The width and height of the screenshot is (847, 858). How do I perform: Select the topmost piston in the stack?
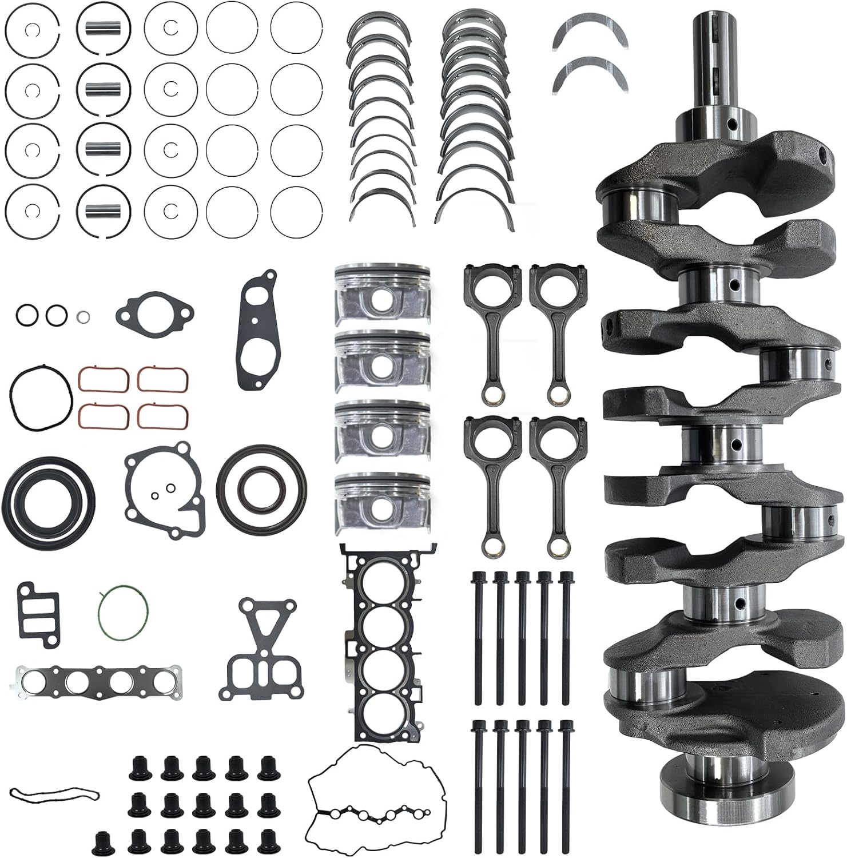coord(382,292)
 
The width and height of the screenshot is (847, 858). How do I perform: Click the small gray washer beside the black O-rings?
coord(83,315)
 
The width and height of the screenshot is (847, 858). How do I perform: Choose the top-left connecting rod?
coord(491,332)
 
